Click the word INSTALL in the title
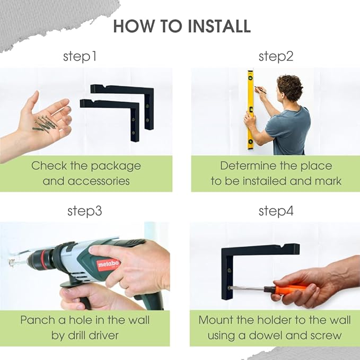(x=219, y=26)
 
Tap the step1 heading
(x=80, y=57)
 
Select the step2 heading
(x=276, y=57)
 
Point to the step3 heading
(x=85, y=211)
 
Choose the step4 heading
(x=276, y=211)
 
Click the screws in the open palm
(x=45, y=124)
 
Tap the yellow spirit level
(x=250, y=110)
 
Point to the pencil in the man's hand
(x=260, y=90)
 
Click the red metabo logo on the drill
(x=108, y=265)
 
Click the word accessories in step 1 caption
(x=99, y=181)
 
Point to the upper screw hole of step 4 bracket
(x=229, y=270)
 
